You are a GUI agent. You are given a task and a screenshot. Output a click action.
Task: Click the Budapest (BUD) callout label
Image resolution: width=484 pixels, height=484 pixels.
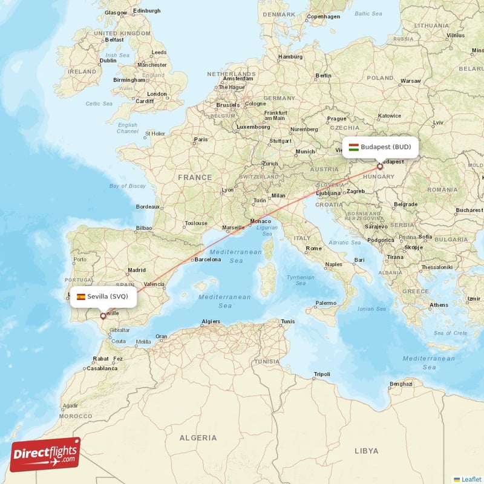point(381,147)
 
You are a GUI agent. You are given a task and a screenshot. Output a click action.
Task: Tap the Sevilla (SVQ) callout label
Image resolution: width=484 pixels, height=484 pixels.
point(102,296)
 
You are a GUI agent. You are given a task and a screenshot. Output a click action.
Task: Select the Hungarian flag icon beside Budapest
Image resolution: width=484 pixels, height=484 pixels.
point(354,147)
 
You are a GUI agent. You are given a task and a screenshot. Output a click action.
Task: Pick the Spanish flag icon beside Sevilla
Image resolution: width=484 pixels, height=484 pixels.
point(80,296)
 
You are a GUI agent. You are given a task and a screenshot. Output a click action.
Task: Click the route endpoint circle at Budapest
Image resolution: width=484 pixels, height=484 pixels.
point(380,166)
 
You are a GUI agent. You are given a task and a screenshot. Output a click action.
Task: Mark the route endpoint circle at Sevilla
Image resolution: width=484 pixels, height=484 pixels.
point(103,315)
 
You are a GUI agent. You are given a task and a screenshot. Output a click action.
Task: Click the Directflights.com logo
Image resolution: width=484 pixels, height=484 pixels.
point(45,454)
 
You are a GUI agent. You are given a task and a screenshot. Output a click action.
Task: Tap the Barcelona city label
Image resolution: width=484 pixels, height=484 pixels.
point(207,260)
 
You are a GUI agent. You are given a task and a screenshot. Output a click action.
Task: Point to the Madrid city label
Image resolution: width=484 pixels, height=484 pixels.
point(137,270)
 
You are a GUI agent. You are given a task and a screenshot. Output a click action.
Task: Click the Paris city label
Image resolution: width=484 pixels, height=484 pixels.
point(200,140)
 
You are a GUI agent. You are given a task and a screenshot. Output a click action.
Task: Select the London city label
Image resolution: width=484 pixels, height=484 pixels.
point(157,94)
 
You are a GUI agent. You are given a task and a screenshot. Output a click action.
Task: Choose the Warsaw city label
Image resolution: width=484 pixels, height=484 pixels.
point(410,80)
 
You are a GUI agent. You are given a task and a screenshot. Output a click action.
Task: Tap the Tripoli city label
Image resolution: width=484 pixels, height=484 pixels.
point(322,374)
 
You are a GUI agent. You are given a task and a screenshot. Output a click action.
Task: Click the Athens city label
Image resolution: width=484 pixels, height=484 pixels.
point(439,305)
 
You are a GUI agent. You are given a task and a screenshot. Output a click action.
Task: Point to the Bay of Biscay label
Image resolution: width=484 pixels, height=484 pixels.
point(128,186)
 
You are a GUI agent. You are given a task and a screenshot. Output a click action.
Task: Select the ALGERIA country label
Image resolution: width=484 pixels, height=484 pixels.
point(198,437)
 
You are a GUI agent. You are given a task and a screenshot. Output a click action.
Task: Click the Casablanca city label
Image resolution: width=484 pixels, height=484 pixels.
point(101,368)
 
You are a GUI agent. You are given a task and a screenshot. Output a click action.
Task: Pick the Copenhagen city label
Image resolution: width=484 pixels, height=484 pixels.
point(324,17)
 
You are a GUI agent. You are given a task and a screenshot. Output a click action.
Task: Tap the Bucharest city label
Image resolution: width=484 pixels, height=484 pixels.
point(469,210)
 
